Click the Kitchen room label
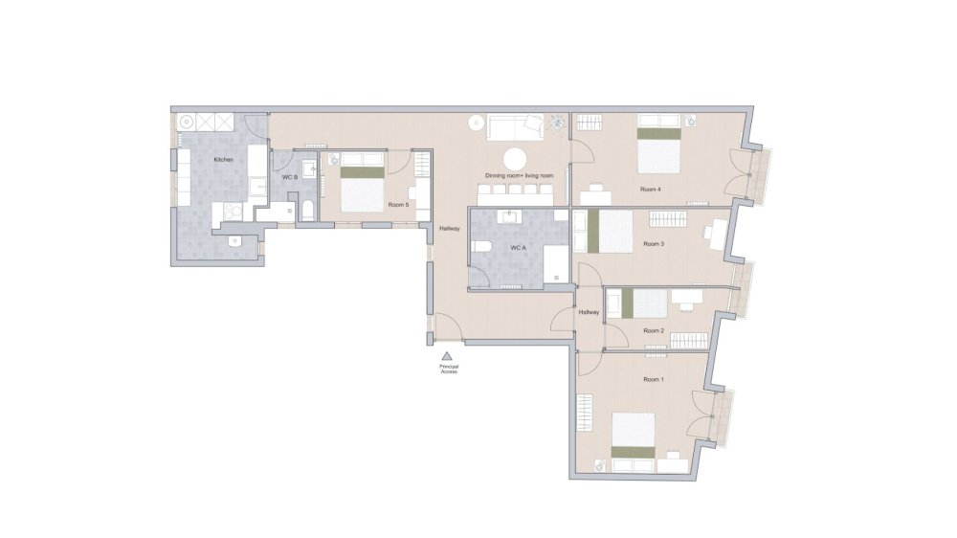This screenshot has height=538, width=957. click(223, 160)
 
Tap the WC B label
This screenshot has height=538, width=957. click(290, 178)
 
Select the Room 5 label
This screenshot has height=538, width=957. click(399, 205)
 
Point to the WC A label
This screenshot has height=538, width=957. click(518, 248)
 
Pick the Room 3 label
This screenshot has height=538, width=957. click(654, 244)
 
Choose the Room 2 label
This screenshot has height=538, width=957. click(654, 331)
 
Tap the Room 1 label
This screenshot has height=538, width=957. click(653, 380)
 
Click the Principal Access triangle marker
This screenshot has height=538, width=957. click(446, 356)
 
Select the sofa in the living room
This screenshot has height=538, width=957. click(515, 126)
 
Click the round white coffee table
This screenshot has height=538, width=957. click(516, 159)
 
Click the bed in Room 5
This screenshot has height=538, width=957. click(363, 188)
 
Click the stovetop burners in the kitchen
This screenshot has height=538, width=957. click(233, 213)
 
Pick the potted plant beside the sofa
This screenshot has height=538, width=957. click(556, 123)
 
